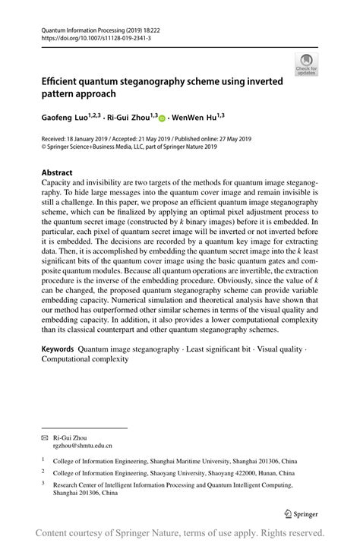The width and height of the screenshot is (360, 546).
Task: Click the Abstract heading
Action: (x=59, y=172)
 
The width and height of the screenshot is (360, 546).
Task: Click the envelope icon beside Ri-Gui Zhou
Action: (x=44, y=439)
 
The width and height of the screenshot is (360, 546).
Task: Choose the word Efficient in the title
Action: (x=65, y=81)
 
